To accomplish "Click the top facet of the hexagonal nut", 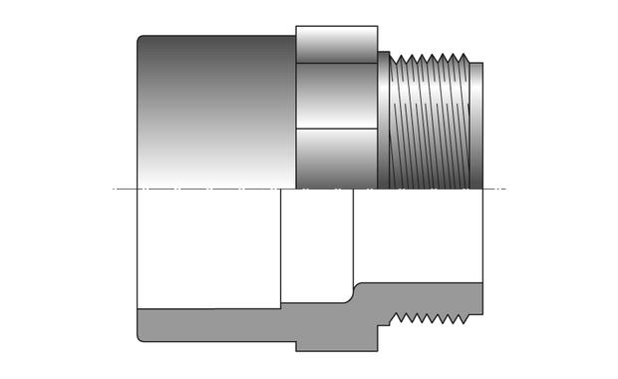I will tap(337, 44).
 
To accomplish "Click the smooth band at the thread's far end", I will tap(476, 125).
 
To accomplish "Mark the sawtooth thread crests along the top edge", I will tap(429, 56).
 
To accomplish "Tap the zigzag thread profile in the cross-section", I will tap(429, 319).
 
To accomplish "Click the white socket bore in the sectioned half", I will tap(209, 249).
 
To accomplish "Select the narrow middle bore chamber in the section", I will tap(317, 244).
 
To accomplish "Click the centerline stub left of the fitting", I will tap(124, 189).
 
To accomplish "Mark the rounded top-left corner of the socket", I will tap(141, 40).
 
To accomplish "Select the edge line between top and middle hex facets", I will tap(337, 64).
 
